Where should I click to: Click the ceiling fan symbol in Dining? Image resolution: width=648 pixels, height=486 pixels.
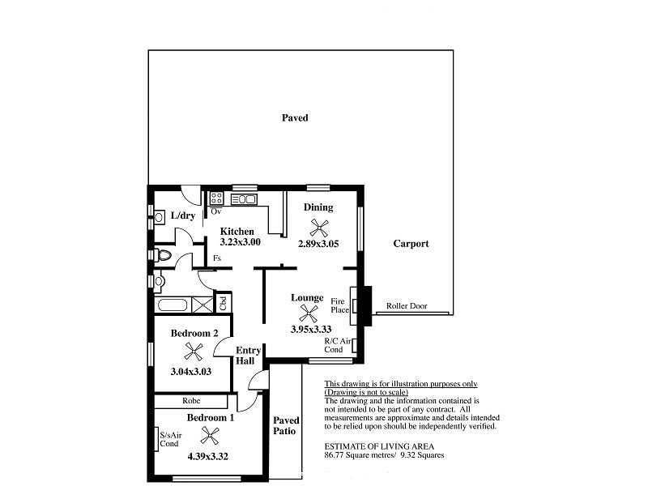319,228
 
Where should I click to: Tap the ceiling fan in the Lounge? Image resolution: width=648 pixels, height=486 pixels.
309,313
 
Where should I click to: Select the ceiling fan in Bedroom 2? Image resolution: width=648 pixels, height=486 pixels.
193,352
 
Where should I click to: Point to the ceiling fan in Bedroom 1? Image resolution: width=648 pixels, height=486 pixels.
210,436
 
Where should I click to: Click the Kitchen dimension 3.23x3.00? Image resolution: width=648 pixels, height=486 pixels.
240,242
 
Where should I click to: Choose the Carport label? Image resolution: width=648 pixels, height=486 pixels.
411,244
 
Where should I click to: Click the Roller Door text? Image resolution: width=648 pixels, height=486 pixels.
407,306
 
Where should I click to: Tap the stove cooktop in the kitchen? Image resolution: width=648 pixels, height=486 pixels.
216,198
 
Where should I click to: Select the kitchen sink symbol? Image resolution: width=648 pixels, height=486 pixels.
244,199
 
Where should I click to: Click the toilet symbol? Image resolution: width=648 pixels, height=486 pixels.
163,255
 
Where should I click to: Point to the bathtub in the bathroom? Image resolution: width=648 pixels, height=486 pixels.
173,305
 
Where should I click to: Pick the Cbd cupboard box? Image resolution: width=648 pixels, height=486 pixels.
223,302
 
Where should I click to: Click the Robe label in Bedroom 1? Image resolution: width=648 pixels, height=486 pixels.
191,401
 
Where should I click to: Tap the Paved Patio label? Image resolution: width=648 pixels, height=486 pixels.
286,426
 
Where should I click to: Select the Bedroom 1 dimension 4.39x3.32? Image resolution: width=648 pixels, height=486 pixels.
208,457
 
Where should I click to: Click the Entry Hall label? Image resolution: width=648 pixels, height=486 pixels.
248,356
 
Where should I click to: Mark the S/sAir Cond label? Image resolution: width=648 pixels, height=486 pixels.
170,439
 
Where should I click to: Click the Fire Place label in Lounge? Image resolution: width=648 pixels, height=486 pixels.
339,306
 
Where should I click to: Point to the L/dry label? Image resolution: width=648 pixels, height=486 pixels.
183,215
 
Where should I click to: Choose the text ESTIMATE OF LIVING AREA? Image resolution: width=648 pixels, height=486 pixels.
379,446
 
